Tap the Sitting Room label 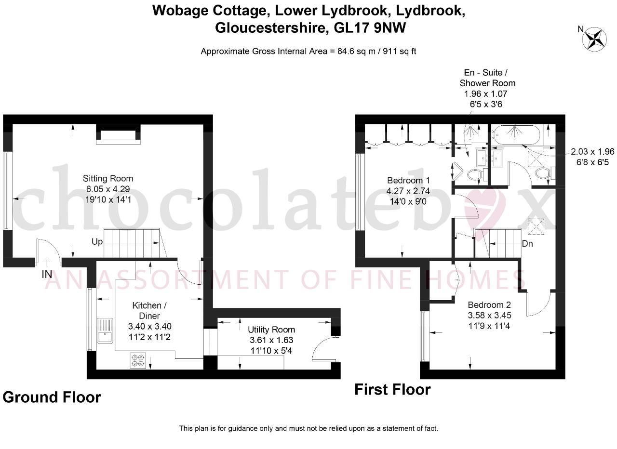click(108, 178)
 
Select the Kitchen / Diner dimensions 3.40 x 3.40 click(149, 326)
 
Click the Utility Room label click(271, 330)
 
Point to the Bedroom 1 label click(408, 180)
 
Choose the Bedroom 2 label click(489, 305)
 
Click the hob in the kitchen click(138, 360)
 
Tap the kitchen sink click(105, 330)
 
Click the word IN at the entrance click(47, 274)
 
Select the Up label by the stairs click(97, 242)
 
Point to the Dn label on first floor click(527, 244)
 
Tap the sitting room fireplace click(118, 134)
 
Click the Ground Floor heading click(52, 397)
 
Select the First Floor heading click(392, 390)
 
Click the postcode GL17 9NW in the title click(370, 28)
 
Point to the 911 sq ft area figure click(400, 51)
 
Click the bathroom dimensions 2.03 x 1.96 click(592, 151)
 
